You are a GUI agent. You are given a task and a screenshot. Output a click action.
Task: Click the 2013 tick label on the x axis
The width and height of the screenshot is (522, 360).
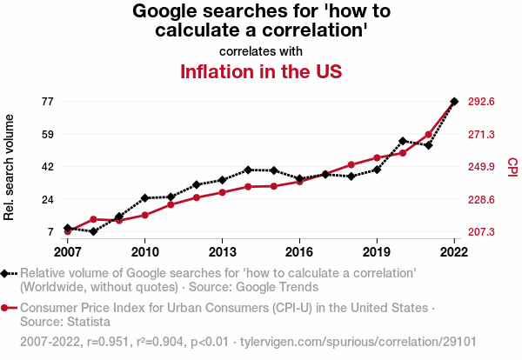tap(222, 252)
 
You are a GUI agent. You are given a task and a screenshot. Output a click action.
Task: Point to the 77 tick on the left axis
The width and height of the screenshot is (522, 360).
tap(47, 102)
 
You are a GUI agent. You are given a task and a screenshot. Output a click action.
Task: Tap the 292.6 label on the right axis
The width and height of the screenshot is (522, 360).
tap(482, 102)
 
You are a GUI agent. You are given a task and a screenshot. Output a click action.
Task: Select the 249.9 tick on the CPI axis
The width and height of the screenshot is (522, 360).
tap(482, 167)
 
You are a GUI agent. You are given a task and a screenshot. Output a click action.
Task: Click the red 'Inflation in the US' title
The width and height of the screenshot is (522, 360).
tap(260, 70)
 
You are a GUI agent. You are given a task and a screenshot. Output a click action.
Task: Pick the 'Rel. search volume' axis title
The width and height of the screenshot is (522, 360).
tap(10, 167)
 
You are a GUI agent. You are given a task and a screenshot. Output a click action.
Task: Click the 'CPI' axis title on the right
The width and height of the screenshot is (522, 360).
tap(512, 165)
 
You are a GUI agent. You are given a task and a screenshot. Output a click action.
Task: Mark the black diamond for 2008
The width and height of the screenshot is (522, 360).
tap(94, 231)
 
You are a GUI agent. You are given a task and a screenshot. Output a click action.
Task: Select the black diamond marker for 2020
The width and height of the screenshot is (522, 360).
tap(403, 140)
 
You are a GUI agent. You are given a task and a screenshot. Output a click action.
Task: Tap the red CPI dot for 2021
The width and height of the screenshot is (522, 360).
tap(428, 135)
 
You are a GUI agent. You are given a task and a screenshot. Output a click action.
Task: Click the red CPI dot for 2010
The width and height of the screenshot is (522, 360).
tap(145, 215)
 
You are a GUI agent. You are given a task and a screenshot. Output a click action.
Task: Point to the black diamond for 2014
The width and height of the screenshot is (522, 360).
tap(248, 170)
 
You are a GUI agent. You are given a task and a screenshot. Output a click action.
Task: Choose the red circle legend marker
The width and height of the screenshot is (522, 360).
tap(6, 309)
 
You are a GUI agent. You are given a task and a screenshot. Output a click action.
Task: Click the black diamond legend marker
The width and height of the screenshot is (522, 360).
tap(6, 274)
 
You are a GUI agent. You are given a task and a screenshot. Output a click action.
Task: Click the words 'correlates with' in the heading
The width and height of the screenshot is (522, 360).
tap(261, 50)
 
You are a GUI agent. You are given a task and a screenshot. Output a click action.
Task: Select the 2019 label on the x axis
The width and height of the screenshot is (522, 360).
tap(377, 252)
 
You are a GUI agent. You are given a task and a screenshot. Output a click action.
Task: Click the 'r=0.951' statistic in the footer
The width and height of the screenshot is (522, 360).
tap(104, 340)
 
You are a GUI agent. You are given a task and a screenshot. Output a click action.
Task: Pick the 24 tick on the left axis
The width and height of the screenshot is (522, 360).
tap(47, 200)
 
